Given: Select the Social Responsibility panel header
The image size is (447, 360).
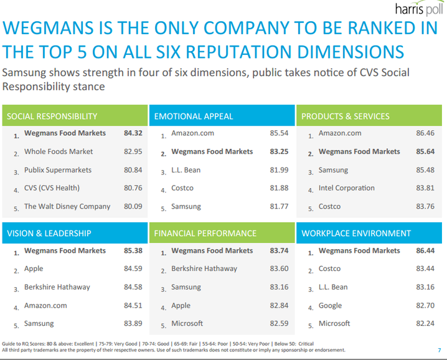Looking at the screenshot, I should [x=52, y=116].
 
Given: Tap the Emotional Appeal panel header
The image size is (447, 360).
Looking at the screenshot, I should [x=193, y=116].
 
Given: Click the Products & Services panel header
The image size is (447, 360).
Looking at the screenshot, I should [x=346, y=116].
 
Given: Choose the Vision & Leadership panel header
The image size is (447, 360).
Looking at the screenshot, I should [x=49, y=234].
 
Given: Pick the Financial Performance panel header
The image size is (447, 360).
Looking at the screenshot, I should [x=205, y=234].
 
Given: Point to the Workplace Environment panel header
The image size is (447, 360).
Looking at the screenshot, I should [x=356, y=234].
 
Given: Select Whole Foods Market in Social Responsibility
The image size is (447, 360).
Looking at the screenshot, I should [x=59, y=151].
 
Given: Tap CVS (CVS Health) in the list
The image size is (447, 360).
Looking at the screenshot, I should [x=52, y=188].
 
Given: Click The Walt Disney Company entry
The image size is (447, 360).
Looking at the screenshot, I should [x=67, y=206].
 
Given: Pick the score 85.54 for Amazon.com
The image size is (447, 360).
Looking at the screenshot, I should [x=279, y=133].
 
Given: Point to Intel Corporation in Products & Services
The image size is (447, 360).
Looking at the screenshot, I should [x=347, y=188].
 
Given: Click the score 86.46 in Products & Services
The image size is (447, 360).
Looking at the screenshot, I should [x=425, y=133].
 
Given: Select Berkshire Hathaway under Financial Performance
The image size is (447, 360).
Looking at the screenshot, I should [x=204, y=269].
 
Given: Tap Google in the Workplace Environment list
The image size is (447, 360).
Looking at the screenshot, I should [x=330, y=306].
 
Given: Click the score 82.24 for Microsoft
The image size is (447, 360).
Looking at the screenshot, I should [x=425, y=324].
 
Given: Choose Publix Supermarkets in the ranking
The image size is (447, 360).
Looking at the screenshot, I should [x=58, y=170].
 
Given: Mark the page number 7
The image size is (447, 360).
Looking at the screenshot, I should [x=440, y=350].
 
